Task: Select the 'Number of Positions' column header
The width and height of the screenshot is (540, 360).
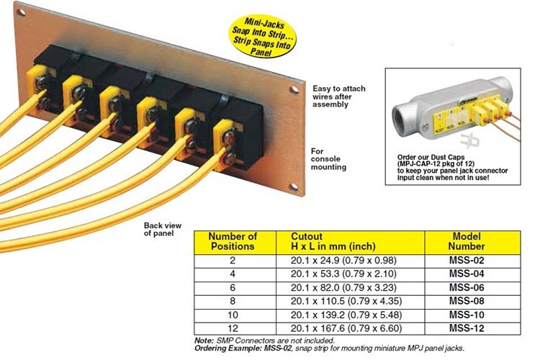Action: [x=232, y=240]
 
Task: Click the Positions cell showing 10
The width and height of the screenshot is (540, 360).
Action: [x=232, y=314]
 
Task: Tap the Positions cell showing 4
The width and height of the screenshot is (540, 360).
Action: [x=232, y=273]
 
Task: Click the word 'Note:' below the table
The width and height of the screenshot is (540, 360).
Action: [x=204, y=340]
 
